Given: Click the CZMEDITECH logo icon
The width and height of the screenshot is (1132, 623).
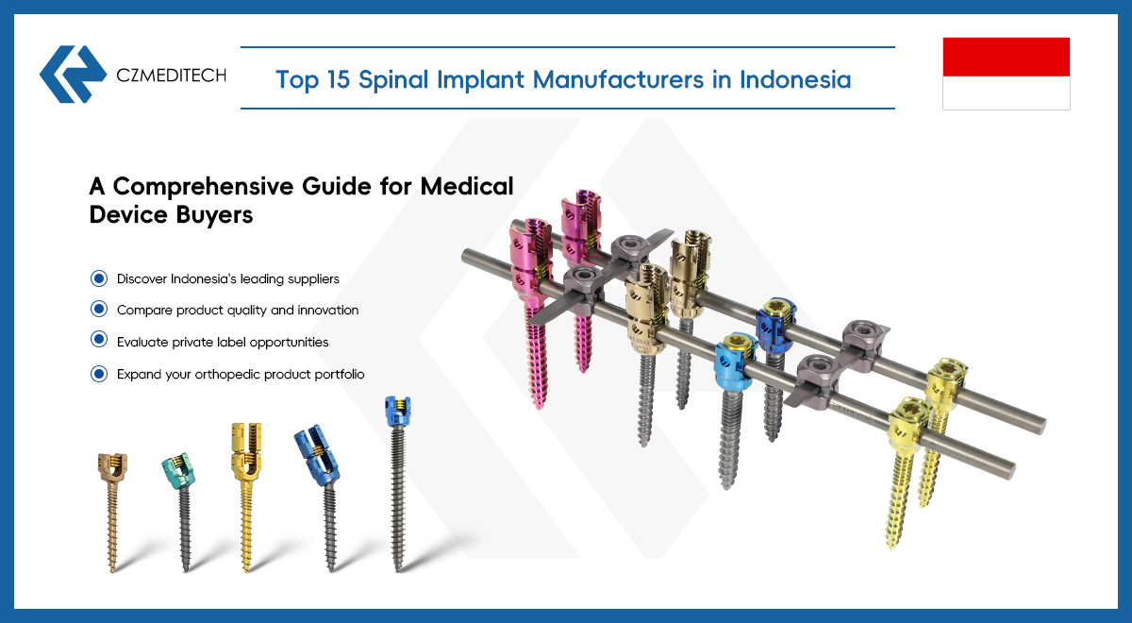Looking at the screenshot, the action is (x=73, y=75).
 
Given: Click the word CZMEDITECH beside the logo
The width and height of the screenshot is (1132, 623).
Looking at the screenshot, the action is (x=172, y=76).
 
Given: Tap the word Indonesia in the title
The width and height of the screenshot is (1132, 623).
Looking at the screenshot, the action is (x=795, y=79).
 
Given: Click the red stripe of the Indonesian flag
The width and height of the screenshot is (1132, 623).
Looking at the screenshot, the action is (x=1007, y=57).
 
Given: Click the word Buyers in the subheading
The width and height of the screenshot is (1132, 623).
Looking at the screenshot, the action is (x=214, y=215).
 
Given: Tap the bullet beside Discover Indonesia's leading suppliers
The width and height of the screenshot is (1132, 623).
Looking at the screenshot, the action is (x=99, y=278).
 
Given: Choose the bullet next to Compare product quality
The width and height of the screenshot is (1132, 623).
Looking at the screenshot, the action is (x=99, y=309).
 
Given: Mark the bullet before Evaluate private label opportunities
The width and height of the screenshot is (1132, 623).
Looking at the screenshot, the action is (x=99, y=339).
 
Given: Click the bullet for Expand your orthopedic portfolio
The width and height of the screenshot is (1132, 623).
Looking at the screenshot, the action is (x=99, y=374).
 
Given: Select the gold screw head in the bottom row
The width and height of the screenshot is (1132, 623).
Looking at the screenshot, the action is (x=246, y=451).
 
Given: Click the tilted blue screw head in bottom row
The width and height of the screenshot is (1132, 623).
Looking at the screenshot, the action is (x=317, y=455).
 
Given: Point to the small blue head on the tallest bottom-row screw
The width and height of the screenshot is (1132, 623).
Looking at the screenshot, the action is (x=398, y=412).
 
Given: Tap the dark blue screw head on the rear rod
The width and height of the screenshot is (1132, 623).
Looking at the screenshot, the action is (x=775, y=325).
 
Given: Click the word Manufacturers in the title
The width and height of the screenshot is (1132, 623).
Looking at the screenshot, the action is (x=618, y=79).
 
